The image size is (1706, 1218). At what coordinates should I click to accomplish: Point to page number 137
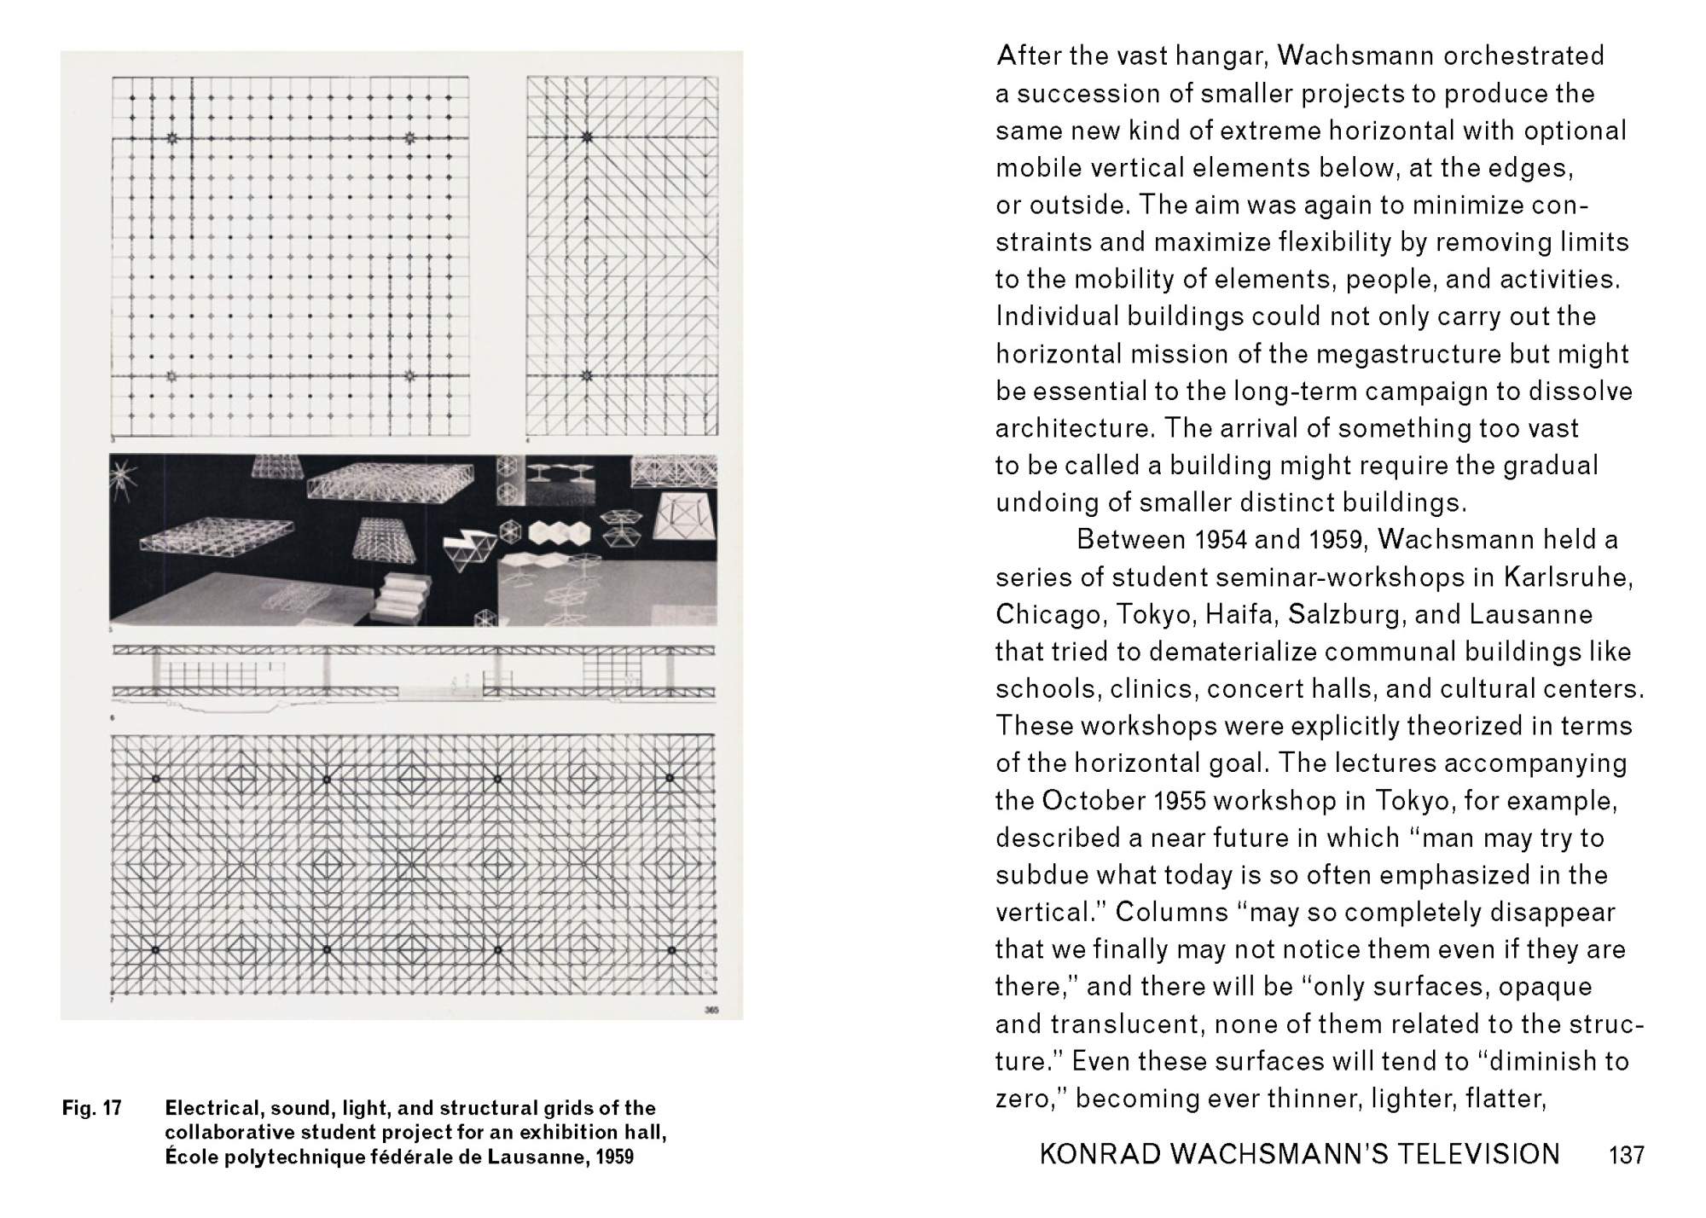[1626, 1156]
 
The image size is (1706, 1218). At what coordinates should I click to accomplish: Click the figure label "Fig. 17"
[91, 1109]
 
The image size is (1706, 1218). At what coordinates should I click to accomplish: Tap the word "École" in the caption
[189, 1157]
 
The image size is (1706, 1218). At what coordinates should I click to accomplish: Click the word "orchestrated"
[1523, 56]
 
